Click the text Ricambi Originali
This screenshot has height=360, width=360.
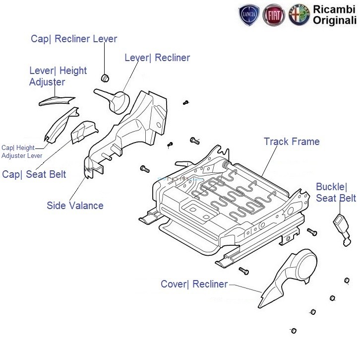tap(334, 14)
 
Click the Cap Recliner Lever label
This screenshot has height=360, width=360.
tap(74, 39)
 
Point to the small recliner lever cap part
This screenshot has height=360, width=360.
tap(105, 77)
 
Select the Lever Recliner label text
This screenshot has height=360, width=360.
tap(157, 58)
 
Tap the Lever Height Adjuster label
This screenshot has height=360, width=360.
tap(58, 76)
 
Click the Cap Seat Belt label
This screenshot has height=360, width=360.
tap(34, 174)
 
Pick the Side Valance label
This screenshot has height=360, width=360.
tap(75, 206)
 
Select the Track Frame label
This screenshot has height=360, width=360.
tap(292, 142)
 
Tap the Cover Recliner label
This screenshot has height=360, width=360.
tap(194, 284)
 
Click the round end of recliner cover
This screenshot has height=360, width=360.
tap(303, 262)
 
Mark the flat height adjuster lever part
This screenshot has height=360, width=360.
tap(56, 101)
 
